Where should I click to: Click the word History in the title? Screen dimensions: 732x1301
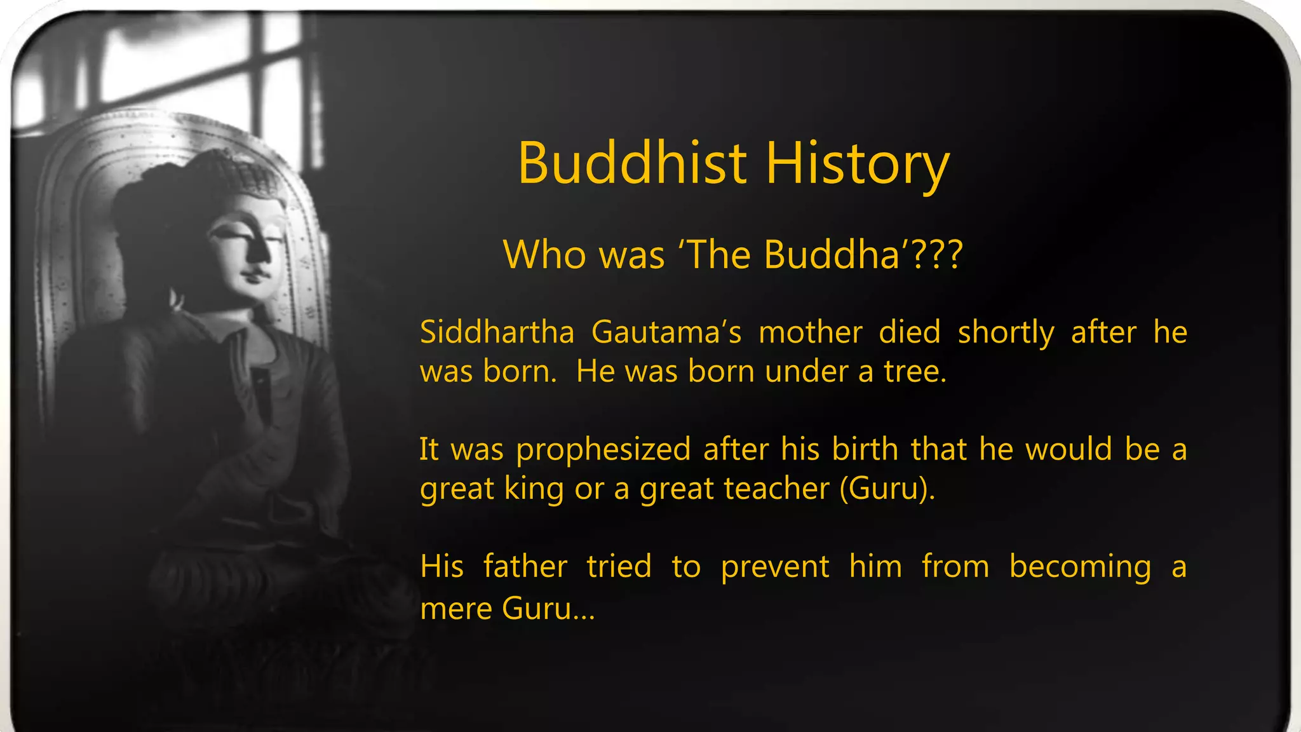(x=857, y=165)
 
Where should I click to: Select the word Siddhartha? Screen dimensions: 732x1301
(x=497, y=332)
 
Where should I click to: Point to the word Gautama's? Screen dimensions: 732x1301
(x=666, y=332)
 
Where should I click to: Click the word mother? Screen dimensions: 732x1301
(x=811, y=332)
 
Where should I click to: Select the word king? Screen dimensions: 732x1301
(x=534, y=490)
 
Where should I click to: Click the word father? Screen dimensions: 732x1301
(x=525, y=566)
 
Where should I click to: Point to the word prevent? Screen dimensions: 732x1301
(x=774, y=567)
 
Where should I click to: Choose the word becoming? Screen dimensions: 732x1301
(x=1079, y=567)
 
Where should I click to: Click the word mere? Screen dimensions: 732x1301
(x=455, y=609)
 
